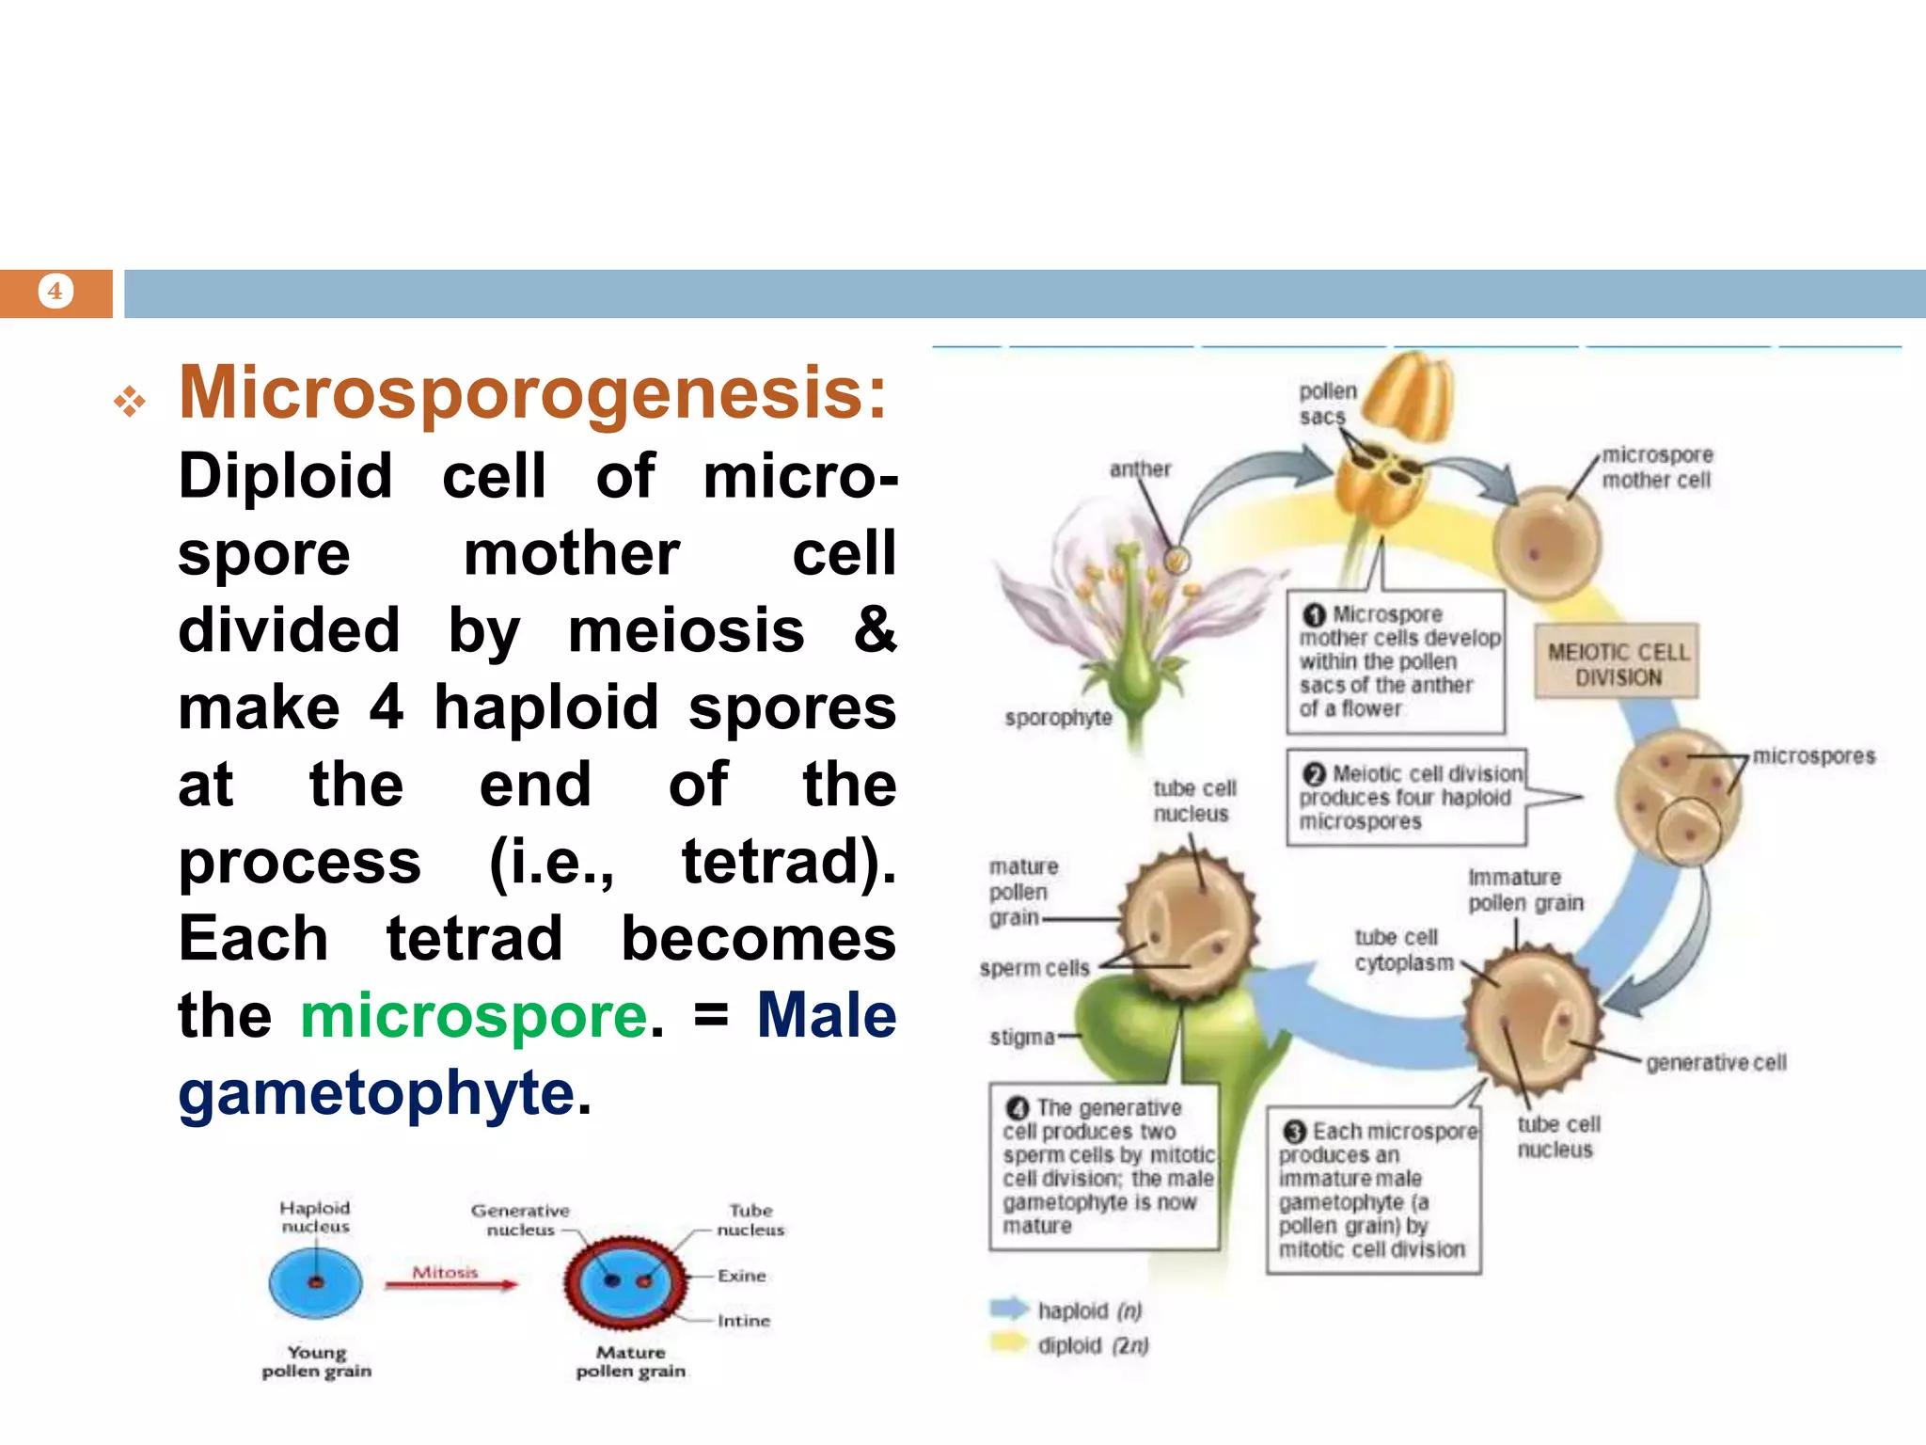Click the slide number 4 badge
(x=55, y=292)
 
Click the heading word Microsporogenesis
(x=532, y=393)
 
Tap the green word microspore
(x=474, y=1017)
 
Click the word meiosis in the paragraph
(x=686, y=630)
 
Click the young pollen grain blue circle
(x=315, y=1283)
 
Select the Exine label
(x=741, y=1276)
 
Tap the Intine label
(x=743, y=1321)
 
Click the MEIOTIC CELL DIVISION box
(x=1618, y=664)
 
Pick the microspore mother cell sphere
(x=1547, y=544)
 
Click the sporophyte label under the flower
(x=1057, y=718)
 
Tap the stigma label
(x=1021, y=1037)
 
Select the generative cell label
(x=1715, y=1062)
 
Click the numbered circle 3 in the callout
(x=1295, y=1132)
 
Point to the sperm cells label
(x=1034, y=968)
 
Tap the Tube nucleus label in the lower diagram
(x=750, y=1219)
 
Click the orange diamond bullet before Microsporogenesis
(x=130, y=403)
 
